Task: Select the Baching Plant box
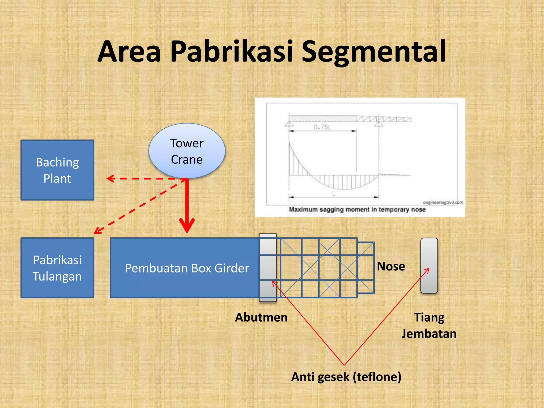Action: point(57,170)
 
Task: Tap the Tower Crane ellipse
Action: point(187,151)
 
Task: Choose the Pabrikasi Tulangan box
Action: point(57,268)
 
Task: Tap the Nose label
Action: point(391,266)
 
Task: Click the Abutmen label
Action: point(261,317)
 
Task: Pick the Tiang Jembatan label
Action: point(429,325)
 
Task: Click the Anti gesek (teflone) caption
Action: point(346,377)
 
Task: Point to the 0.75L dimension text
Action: point(322,127)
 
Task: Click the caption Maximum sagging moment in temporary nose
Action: point(357,210)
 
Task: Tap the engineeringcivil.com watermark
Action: point(443,202)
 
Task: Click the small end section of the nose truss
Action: point(366,267)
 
